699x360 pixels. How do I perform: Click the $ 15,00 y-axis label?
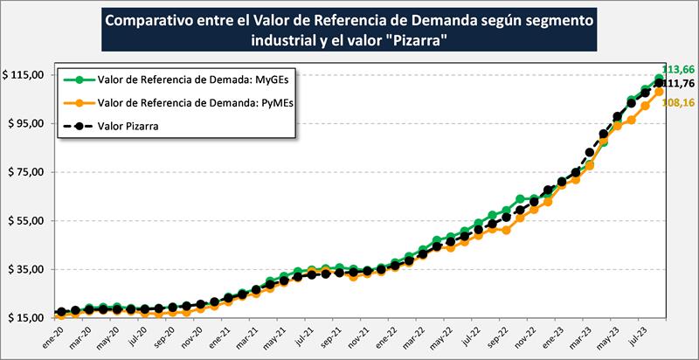coord(26,318)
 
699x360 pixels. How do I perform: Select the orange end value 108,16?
coord(679,102)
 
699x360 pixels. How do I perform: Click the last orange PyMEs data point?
coord(659,92)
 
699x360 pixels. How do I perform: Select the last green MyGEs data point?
coord(659,79)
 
